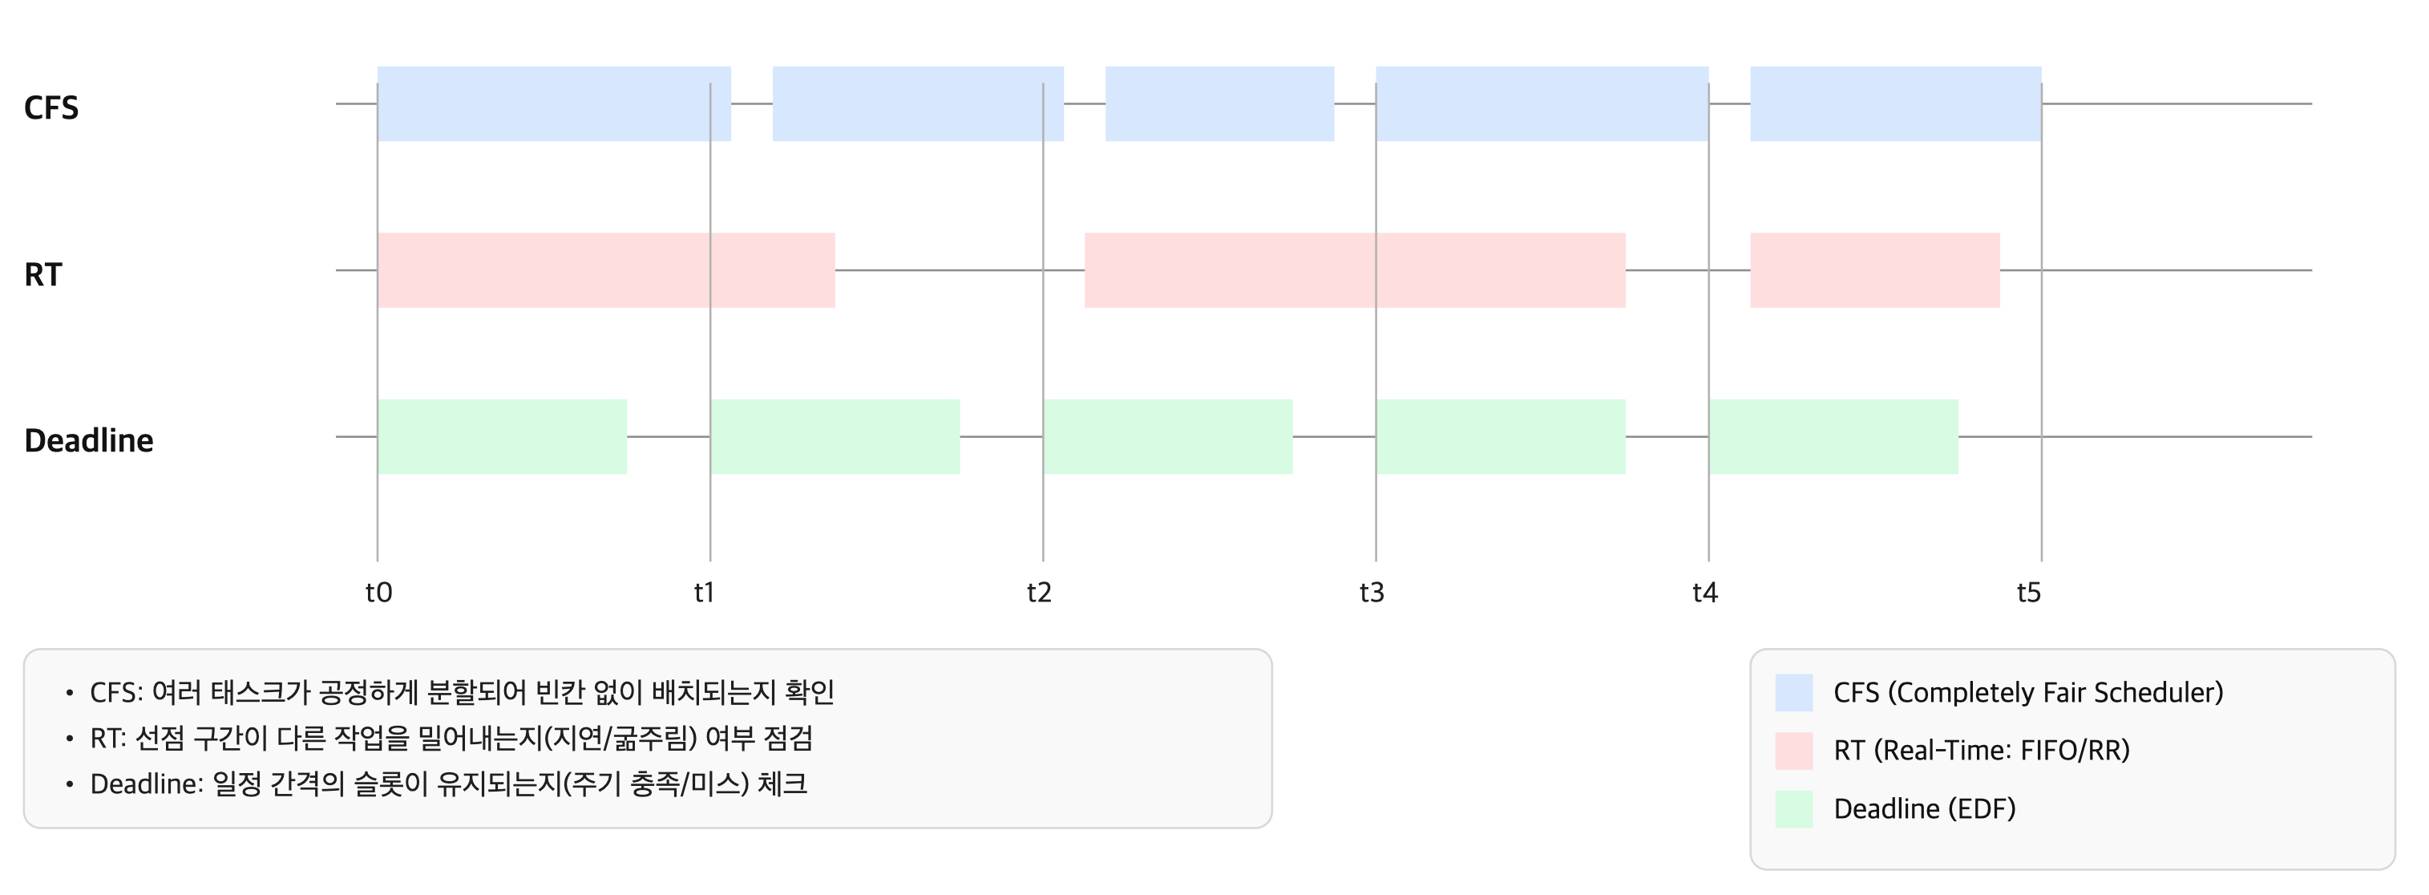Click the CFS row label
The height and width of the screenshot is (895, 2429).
tap(51, 107)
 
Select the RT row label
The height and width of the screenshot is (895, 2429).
tap(42, 274)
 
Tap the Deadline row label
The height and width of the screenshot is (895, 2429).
tap(89, 440)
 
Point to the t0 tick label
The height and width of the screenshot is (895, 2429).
tap(378, 593)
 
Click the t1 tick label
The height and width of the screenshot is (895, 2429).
tap(705, 593)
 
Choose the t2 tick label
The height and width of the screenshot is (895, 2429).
tap(1038, 593)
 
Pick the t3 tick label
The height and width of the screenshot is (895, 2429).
tap(1371, 593)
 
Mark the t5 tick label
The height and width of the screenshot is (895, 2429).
tap(2028, 593)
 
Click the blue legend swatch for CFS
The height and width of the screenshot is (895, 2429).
tap(1793, 692)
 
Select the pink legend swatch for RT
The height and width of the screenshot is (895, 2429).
tap(1793, 751)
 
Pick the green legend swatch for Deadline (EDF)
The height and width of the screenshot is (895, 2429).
tap(1793, 809)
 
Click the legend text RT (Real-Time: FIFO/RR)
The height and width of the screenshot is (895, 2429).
tap(1981, 751)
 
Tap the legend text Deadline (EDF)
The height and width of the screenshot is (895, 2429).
tap(1924, 809)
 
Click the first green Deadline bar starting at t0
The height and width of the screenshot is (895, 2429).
tap(502, 436)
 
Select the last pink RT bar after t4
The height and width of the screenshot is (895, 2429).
tap(1874, 271)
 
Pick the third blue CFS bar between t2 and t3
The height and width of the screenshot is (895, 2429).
tap(1219, 103)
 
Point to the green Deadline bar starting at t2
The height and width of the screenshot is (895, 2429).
tap(1167, 436)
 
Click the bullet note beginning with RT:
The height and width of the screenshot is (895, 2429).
tap(451, 739)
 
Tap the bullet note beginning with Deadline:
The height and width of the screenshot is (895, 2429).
tap(448, 784)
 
